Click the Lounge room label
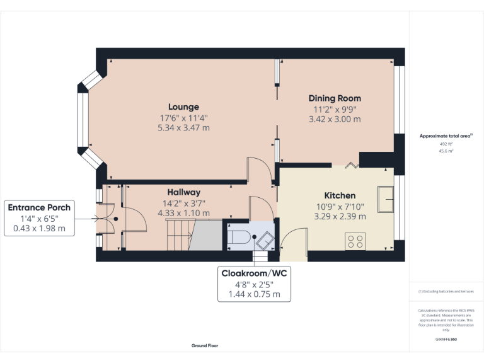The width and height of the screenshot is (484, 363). click(x=183, y=107)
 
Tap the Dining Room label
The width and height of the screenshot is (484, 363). click(x=335, y=98)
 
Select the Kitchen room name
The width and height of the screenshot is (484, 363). click(x=340, y=195)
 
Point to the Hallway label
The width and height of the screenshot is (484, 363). click(x=183, y=192)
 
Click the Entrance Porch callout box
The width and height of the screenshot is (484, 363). click(x=39, y=217)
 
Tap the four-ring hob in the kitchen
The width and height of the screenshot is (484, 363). click(x=355, y=241)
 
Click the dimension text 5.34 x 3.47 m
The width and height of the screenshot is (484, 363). click(x=183, y=127)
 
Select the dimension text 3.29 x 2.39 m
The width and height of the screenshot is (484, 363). click(x=340, y=216)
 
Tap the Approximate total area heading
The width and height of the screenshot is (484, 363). click(x=445, y=136)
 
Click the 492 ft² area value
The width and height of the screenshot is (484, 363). click(x=446, y=144)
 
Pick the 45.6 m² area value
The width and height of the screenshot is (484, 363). click(x=446, y=151)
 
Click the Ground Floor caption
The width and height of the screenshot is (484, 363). click(x=205, y=345)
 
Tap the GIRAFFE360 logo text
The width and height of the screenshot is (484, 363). click(x=446, y=339)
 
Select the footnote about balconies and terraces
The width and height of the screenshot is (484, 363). click(x=446, y=291)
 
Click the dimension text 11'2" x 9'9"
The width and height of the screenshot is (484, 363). click(x=335, y=109)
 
